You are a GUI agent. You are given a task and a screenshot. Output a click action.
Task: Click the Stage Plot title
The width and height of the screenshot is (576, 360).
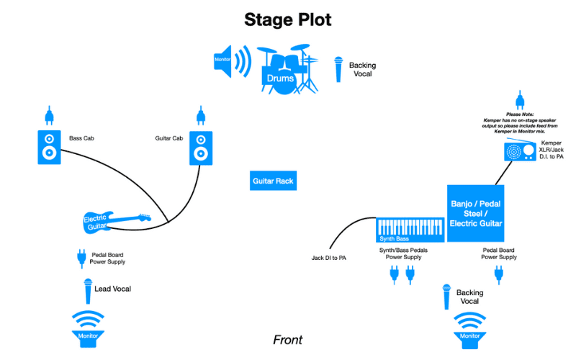[x=287, y=19]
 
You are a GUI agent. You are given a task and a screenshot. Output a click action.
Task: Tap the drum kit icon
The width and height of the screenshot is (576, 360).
[x=287, y=71]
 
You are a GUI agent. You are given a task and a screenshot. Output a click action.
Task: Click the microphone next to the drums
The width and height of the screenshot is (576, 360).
[x=338, y=70]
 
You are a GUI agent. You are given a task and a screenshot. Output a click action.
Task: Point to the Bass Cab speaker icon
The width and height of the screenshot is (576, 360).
[x=48, y=147]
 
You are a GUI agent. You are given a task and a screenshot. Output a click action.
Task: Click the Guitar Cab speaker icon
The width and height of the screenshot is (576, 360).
[x=200, y=147]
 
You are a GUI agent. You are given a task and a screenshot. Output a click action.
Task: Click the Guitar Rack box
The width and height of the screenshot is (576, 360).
[x=274, y=181]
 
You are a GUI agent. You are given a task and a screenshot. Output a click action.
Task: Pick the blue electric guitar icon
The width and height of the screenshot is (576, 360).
[x=115, y=220]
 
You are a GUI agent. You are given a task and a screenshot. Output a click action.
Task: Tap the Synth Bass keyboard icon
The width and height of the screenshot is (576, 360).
[x=409, y=230]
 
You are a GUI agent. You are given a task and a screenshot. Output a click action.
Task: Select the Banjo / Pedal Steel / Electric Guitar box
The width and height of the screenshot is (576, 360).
[x=475, y=212]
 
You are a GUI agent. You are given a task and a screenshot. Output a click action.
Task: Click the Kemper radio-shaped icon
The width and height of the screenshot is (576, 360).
[x=515, y=151]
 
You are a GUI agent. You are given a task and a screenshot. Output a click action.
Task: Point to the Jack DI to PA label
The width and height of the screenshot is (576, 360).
[x=328, y=258]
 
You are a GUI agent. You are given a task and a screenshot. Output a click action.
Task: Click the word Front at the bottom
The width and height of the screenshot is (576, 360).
[x=287, y=340]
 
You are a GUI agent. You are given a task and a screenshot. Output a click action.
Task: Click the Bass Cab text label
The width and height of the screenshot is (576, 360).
[x=83, y=138]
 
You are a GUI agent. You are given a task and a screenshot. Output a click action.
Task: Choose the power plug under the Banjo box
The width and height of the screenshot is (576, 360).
[x=498, y=274]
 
